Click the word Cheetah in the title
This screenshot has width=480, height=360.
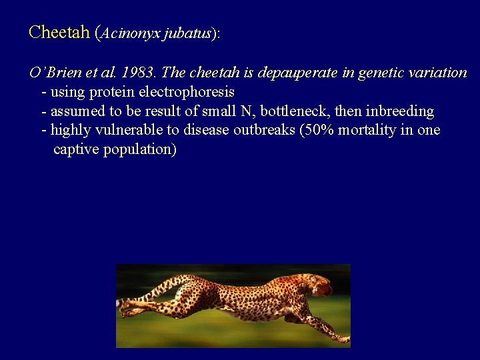[59, 32]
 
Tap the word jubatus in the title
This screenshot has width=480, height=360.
[184, 33]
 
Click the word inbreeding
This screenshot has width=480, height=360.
[399, 111]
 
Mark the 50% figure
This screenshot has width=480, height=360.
[317, 130]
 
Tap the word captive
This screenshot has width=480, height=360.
[75, 149]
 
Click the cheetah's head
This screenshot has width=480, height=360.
[320, 285]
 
